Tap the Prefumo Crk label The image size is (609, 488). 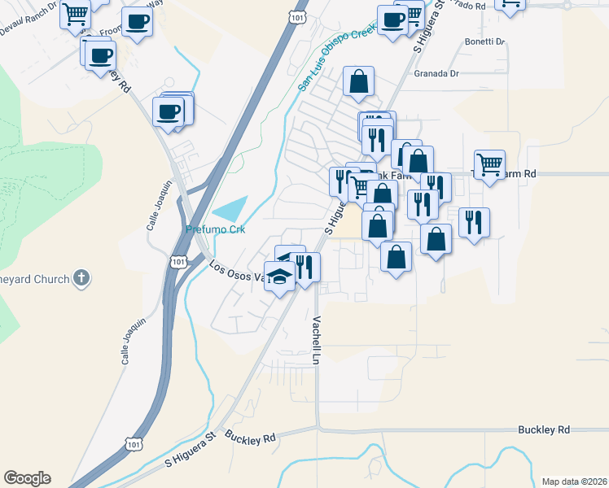tap(215, 229)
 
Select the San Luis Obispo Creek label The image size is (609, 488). tap(335, 58)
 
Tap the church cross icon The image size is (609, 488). tap(81, 279)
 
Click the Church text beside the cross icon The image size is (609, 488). tap(46, 280)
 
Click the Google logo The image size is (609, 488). tap(27, 478)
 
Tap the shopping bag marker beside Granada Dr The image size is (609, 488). tap(358, 81)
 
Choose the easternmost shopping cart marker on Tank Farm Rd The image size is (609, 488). tap(489, 164)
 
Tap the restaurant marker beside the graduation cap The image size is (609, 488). tap(304, 267)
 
